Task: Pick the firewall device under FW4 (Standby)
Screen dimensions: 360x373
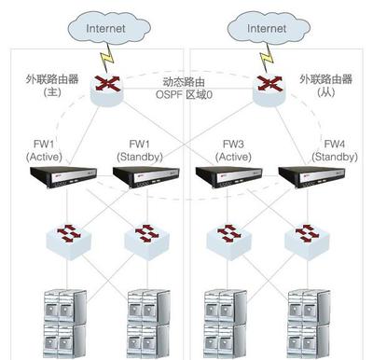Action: [x=308, y=176]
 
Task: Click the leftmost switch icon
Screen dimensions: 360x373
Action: [x=64, y=236]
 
